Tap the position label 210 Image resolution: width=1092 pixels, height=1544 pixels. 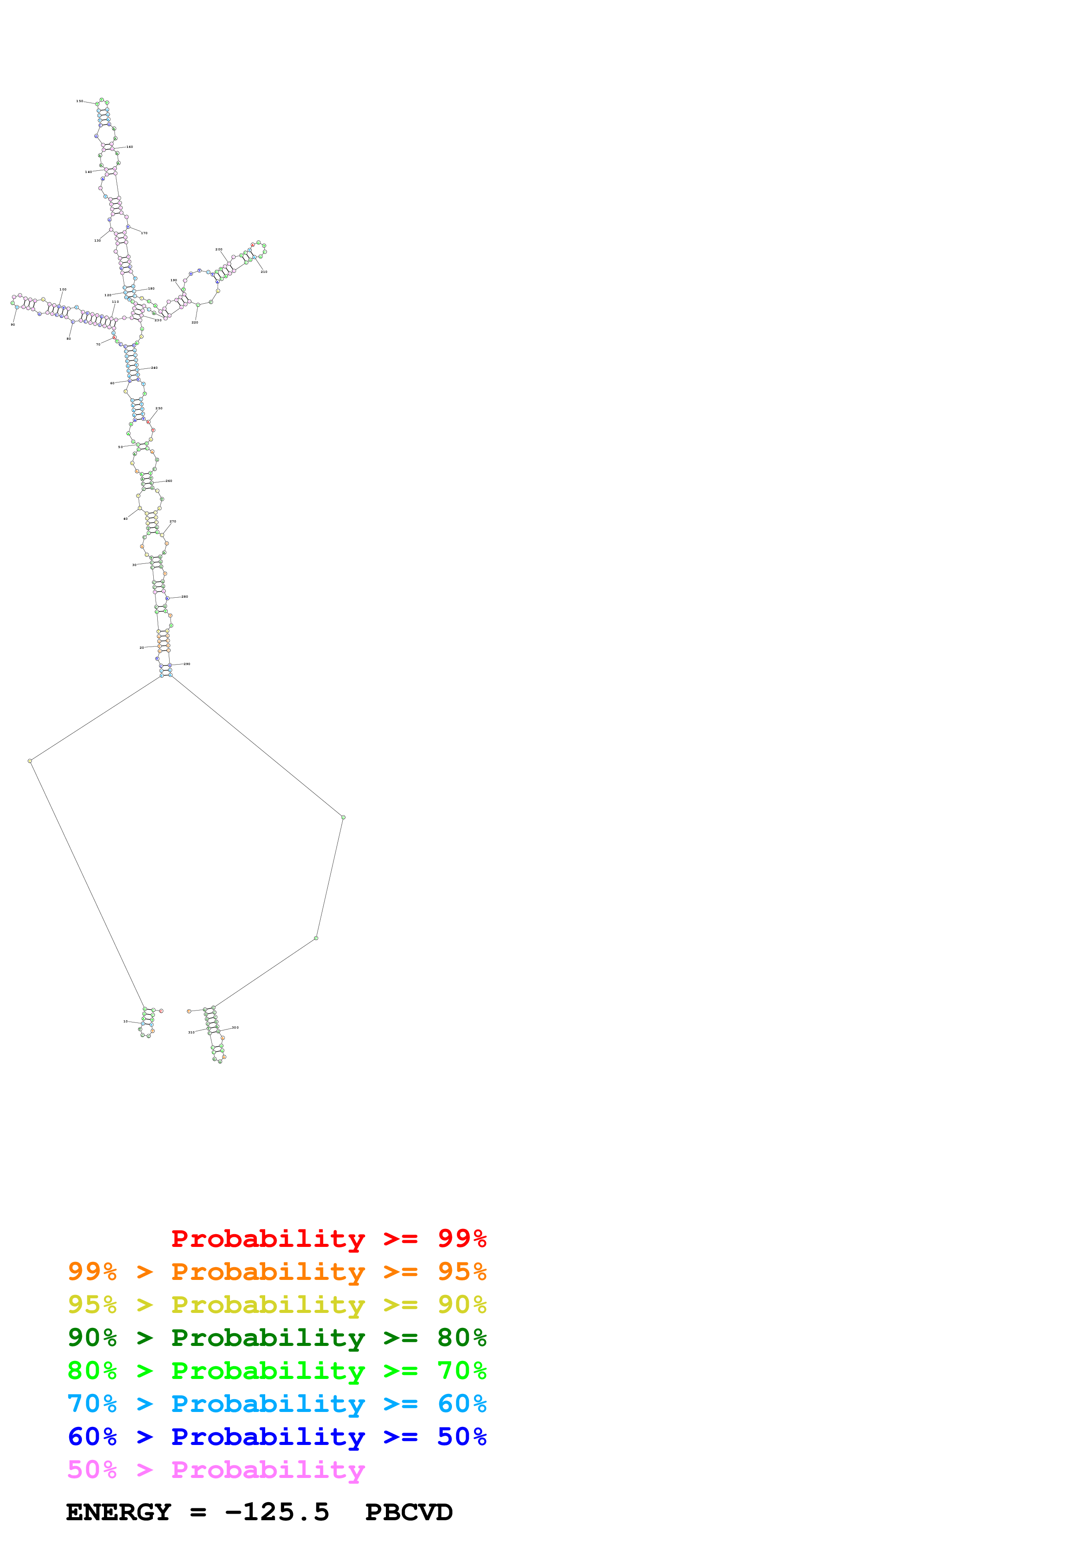264,272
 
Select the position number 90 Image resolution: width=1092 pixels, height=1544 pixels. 13,325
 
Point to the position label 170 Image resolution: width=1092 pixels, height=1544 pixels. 144,233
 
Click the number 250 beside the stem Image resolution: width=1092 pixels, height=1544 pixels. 159,408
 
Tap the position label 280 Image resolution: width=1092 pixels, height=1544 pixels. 185,596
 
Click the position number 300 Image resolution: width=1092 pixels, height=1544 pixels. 235,1028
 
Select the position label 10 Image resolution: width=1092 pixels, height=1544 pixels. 126,1022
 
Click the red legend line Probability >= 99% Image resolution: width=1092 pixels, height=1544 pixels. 328,1238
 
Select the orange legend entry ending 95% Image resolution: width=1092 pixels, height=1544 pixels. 277,1271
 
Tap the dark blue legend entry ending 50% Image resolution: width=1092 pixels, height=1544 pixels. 277,1437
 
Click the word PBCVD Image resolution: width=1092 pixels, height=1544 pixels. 408,1512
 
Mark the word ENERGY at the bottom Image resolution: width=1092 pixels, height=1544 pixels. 118,1512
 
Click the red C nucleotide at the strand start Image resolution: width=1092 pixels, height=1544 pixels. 161,1011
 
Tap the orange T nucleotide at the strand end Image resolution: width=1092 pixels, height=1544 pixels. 189,1011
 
